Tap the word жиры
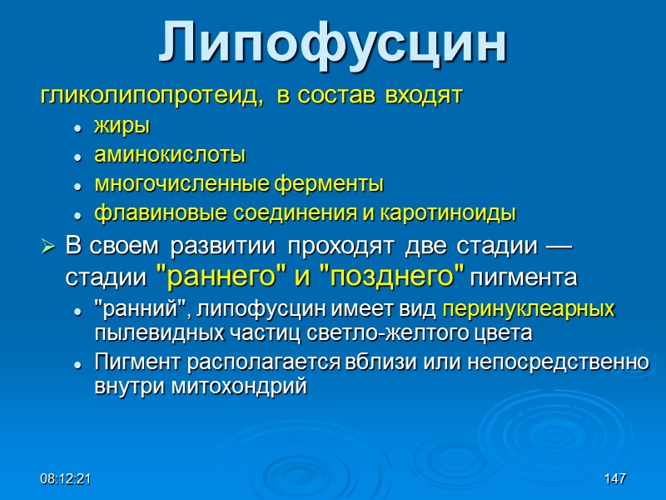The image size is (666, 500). pyautogui.click(x=122, y=127)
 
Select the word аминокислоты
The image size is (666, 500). pyautogui.click(x=170, y=155)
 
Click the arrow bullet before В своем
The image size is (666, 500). pyautogui.click(x=48, y=247)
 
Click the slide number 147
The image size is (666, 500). pyautogui.click(x=615, y=481)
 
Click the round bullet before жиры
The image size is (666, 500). pyautogui.click(x=77, y=128)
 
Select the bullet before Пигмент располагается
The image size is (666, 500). pyautogui.click(x=77, y=366)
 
